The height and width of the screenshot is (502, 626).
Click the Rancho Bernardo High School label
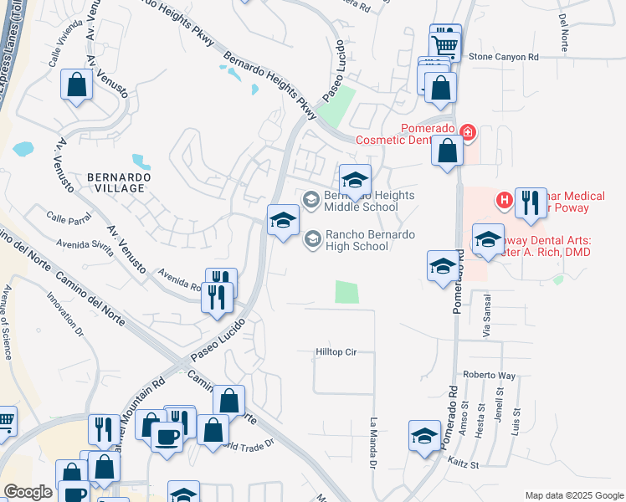click(x=357, y=241)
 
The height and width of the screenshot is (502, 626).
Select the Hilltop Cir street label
click(x=336, y=352)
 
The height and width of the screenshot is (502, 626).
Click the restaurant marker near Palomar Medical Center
click(x=531, y=203)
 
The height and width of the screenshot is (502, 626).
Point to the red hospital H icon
click(x=504, y=199)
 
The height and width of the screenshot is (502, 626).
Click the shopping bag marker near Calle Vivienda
click(x=77, y=85)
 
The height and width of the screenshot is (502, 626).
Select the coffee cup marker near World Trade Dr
click(x=167, y=437)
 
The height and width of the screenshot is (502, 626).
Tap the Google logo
click(x=28, y=492)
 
